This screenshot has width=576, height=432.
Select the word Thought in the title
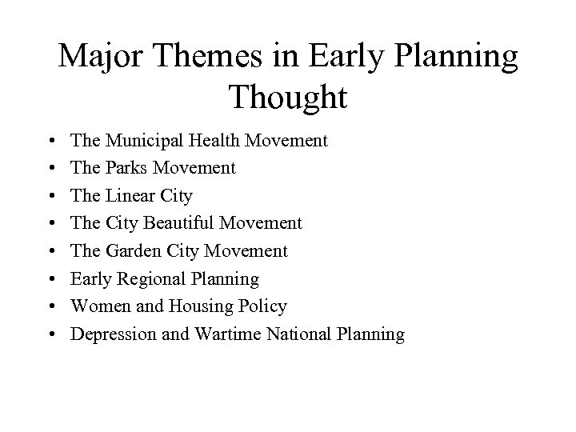coord(288,98)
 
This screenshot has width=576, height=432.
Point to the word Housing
coord(194,306)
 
